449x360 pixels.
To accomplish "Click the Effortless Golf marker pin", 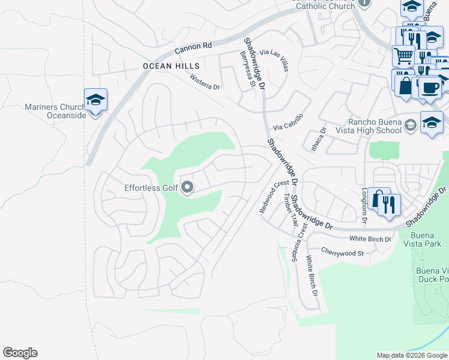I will click(x=187, y=188).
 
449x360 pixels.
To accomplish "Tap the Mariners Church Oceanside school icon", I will click(x=95, y=100).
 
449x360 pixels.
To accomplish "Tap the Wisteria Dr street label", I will click(x=205, y=82).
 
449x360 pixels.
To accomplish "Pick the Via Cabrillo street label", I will click(x=289, y=122).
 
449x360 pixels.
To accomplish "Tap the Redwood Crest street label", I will click(x=274, y=197).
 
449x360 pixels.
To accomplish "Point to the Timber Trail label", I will click(x=291, y=209).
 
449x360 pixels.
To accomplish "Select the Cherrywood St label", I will click(x=343, y=253).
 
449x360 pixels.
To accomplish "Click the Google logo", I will click(x=20, y=353).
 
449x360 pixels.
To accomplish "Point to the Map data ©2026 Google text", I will click(x=411, y=355).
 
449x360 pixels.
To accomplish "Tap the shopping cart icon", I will click(x=403, y=56).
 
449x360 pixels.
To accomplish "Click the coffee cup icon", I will click(x=429, y=88).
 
